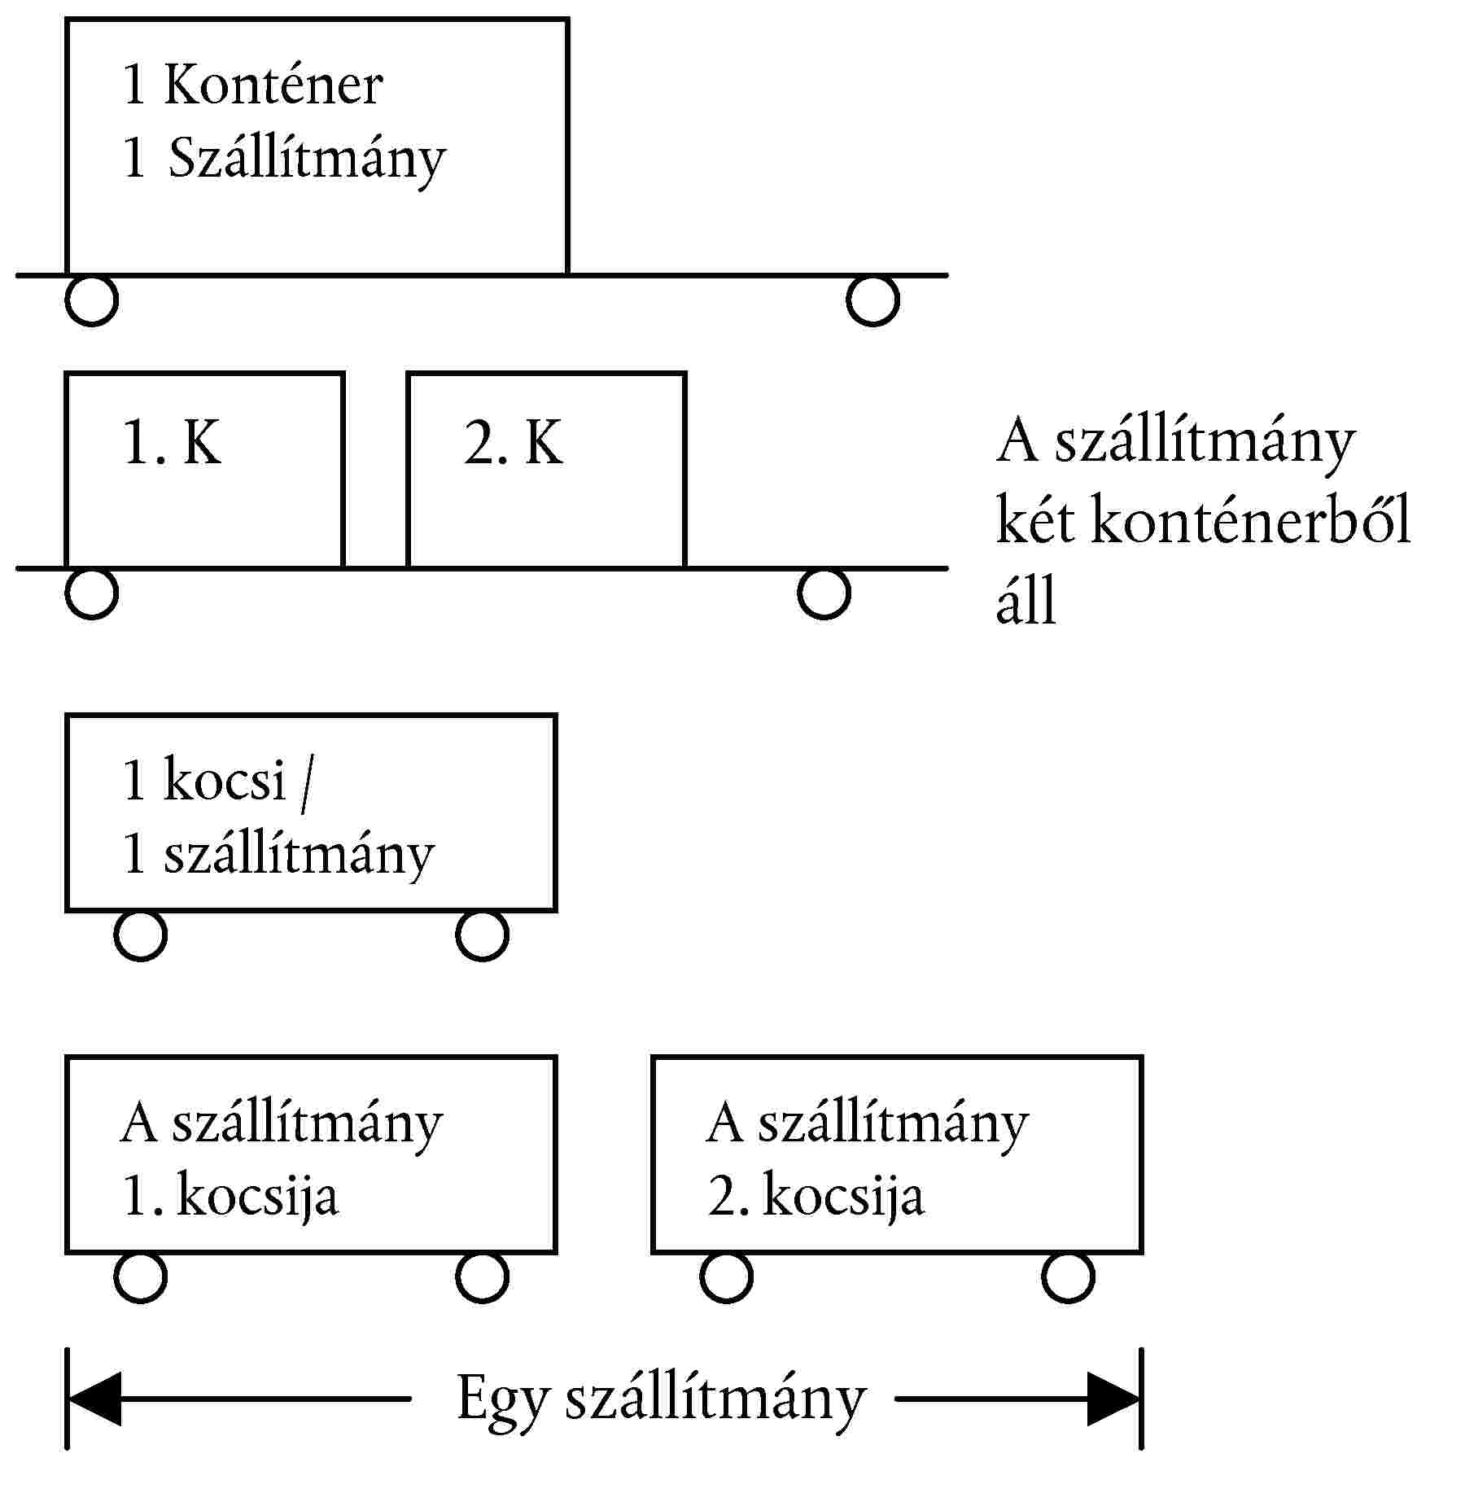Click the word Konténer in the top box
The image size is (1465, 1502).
click(273, 84)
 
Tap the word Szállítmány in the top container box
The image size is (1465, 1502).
click(307, 158)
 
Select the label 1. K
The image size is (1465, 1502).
click(172, 443)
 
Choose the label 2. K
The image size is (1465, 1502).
click(513, 443)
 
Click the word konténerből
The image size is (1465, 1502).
click(1250, 519)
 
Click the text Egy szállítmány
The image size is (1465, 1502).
click(661, 1400)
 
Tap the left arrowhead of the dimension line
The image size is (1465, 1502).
click(94, 1399)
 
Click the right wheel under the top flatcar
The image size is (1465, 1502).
click(872, 300)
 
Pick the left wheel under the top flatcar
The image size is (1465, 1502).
click(91, 300)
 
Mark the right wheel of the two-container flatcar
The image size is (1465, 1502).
click(824, 593)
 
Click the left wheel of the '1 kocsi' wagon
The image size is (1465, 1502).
click(140, 935)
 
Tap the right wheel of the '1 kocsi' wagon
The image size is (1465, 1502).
click(482, 935)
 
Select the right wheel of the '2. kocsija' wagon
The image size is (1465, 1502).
click(1068, 1276)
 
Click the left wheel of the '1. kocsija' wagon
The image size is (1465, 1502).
click(140, 1276)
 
